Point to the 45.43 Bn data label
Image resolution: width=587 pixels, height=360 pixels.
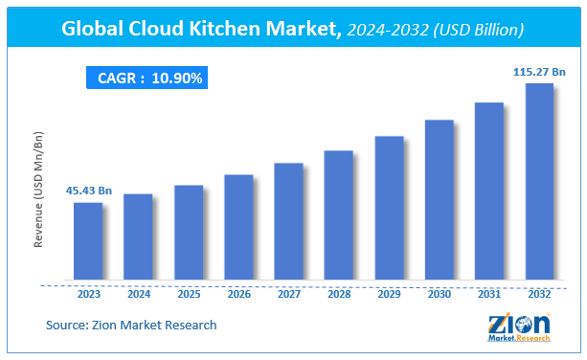88,191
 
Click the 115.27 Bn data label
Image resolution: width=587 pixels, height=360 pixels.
538,71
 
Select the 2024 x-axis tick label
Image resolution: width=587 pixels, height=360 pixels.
138,294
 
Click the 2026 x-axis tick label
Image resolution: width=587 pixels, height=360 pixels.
238,294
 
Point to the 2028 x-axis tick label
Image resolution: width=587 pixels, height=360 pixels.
339,294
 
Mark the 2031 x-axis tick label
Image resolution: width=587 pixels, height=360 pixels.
489,294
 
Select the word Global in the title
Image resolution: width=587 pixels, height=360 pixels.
96,30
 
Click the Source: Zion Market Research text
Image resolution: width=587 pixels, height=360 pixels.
131,326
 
